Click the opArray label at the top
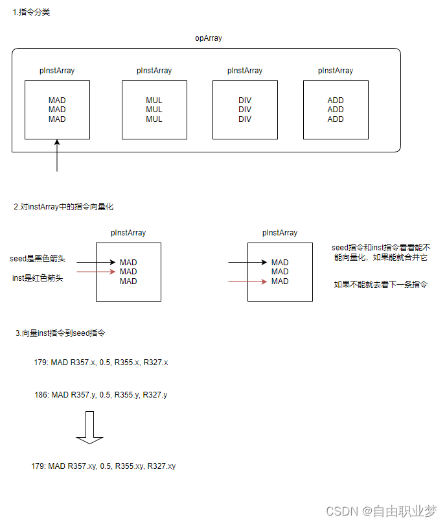coord(209,38)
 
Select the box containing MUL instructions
coord(154,110)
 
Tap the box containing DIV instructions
coord(245,110)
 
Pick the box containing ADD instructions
coord(336,110)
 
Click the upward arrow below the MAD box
coord(57,156)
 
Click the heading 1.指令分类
coord(32,12)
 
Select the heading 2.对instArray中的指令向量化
coord(63,207)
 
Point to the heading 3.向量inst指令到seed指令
coord(60,333)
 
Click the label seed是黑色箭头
coord(38,259)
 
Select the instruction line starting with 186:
coord(100,394)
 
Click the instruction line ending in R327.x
coord(100,362)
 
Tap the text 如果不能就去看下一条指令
coord(380,284)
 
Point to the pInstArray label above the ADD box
coord(336,71)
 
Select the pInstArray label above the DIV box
coord(245,71)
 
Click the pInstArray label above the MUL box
coord(154,71)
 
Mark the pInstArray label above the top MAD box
coord(57,71)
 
